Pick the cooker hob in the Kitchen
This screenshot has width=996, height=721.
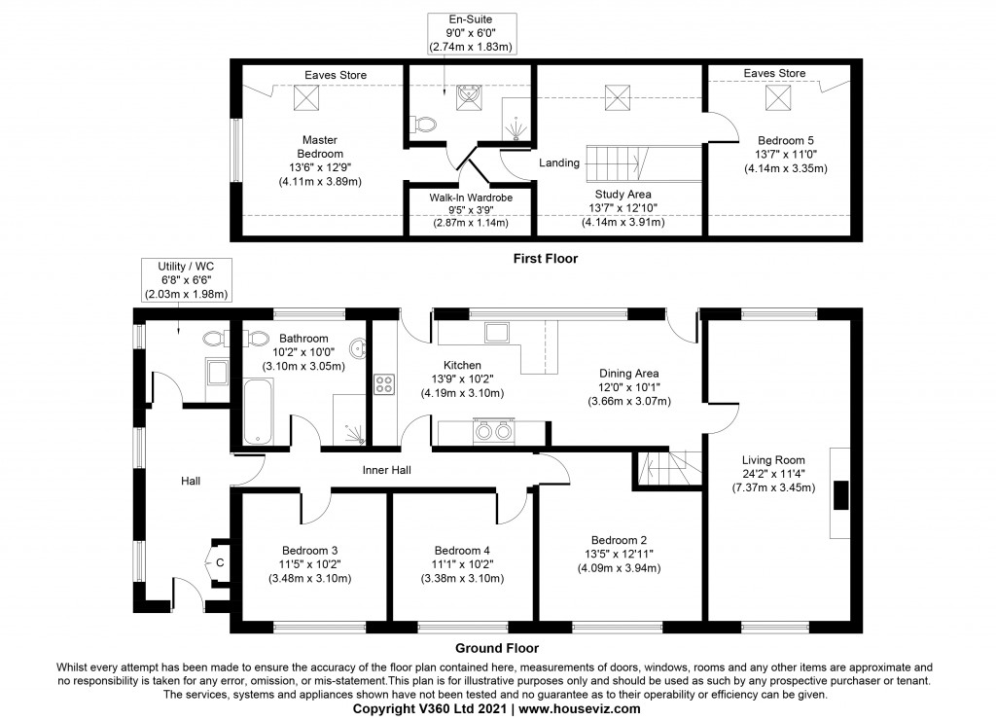384,383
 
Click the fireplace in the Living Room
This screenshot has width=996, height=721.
841,494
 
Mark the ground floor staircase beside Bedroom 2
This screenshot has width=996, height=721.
668,469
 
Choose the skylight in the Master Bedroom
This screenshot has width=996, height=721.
308,96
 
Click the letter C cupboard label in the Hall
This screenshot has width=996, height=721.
220,562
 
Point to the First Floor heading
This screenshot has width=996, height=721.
546,259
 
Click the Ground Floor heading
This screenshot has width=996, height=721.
497,647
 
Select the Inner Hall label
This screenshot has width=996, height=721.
386,470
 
